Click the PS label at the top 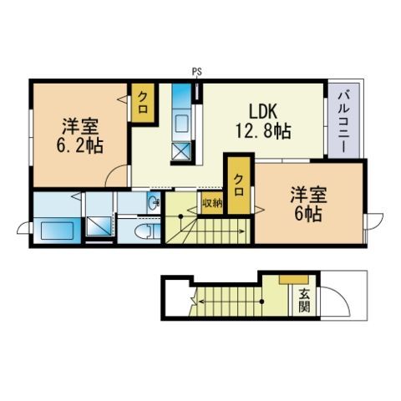coord(196,73)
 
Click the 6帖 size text coord(307,213)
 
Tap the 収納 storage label coord(211,202)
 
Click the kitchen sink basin coord(182,125)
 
